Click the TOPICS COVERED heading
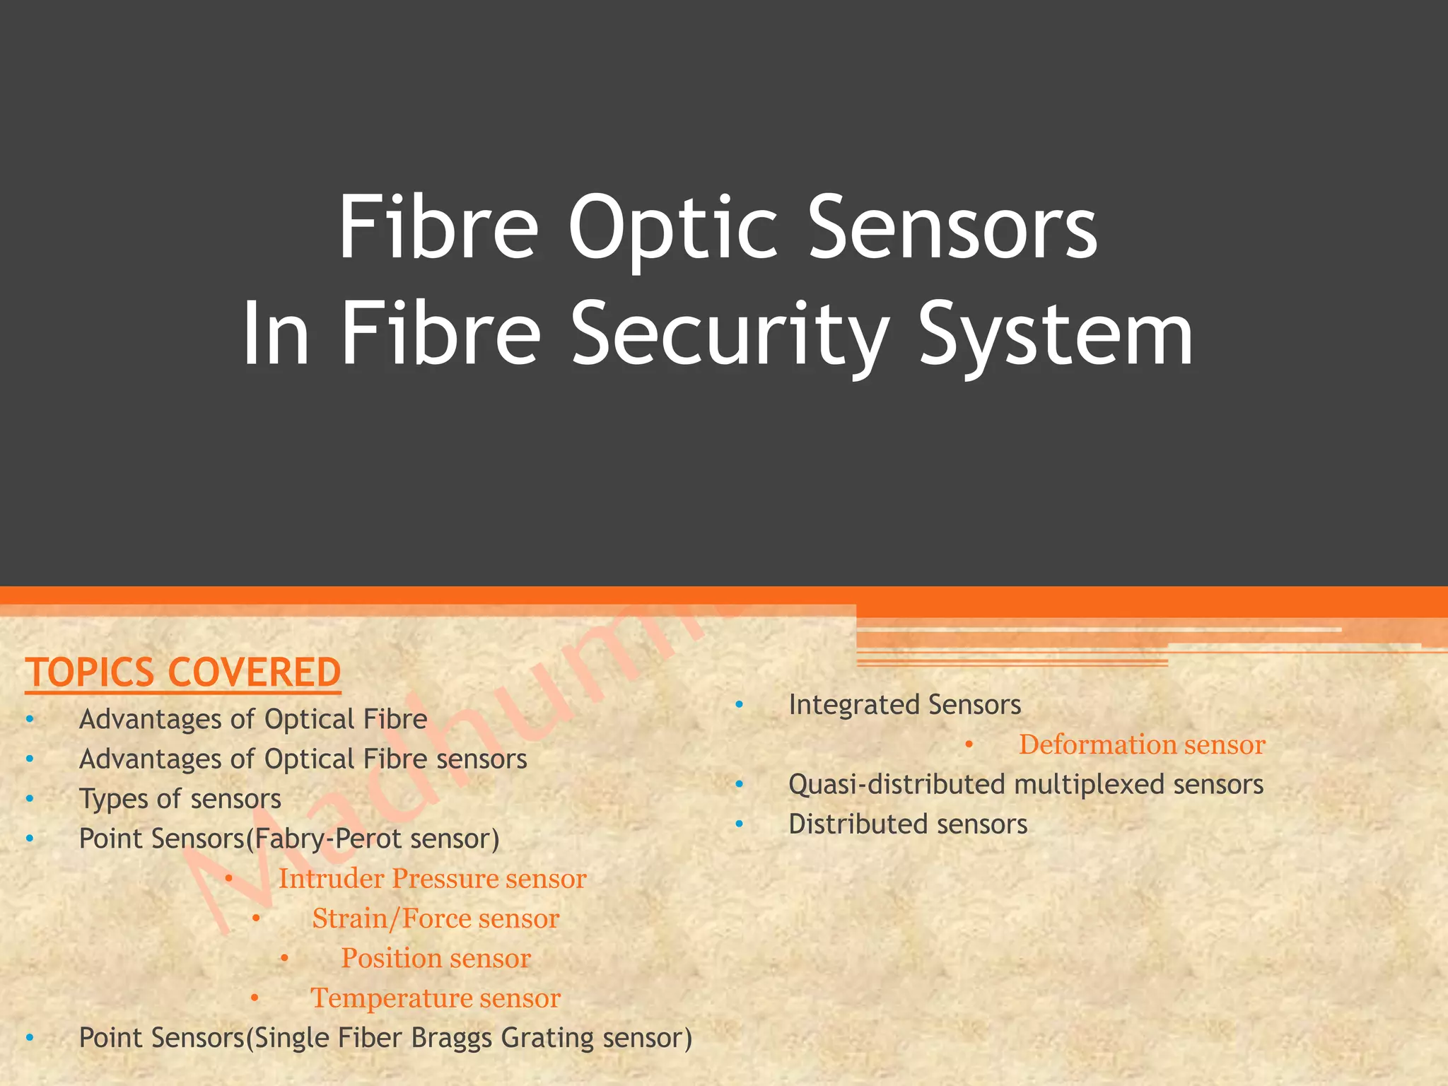(x=183, y=672)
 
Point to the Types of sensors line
(x=180, y=799)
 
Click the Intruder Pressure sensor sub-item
(x=432, y=879)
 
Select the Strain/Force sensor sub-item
(x=436, y=918)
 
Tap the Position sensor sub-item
(x=436, y=959)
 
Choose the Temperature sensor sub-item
(x=436, y=998)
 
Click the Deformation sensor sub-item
(x=1141, y=745)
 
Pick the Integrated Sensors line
(x=904, y=705)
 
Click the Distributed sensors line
(x=908, y=824)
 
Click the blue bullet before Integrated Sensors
(x=739, y=705)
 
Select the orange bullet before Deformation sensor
(x=969, y=745)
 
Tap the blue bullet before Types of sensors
(x=30, y=800)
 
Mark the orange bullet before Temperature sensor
(x=255, y=998)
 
